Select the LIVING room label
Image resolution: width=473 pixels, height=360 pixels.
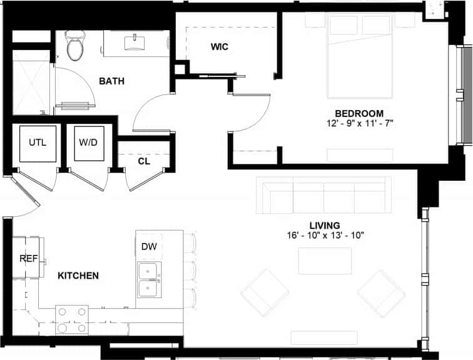click(324, 225)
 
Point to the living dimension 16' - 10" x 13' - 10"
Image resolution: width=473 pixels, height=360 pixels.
click(324, 235)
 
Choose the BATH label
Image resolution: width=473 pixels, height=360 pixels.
click(111, 81)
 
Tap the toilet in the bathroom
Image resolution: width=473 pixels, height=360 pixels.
click(76, 46)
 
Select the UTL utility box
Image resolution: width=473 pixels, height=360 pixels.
click(37, 143)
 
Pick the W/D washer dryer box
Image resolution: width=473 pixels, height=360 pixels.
click(88, 143)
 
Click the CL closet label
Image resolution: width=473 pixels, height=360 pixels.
click(144, 161)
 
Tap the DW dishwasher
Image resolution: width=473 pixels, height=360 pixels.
click(149, 246)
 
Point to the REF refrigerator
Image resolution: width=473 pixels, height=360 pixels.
click(26, 257)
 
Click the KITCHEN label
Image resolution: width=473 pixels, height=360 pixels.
click(78, 275)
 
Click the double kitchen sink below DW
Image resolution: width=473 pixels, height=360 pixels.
click(149, 279)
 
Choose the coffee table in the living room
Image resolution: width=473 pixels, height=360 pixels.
click(325, 261)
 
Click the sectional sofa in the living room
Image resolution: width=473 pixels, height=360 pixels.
click(323, 194)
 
